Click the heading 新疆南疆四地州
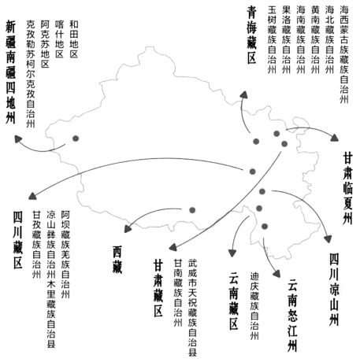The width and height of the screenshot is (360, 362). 10,72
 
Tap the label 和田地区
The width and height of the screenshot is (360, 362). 74,39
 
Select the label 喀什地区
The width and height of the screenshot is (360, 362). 59,39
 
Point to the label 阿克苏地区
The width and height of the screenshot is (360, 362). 45,44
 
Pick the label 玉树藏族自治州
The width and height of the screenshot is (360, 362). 272,39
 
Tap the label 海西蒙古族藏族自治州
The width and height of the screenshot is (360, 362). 344,54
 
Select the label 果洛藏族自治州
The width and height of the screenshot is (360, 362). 286,39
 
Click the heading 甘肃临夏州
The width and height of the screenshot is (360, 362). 347,188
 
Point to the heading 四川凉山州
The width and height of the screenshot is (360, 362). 334,290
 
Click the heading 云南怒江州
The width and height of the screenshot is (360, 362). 292,315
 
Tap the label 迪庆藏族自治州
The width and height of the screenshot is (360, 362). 254,306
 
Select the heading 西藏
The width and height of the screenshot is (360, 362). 117,260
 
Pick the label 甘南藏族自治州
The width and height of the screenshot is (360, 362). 178,293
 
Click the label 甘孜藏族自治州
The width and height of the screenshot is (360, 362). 36,244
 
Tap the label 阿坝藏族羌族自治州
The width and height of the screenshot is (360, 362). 65,254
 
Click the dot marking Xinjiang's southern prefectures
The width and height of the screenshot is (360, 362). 76,139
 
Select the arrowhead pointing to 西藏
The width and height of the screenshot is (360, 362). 128,228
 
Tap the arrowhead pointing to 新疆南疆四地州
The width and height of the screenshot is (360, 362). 18,139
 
